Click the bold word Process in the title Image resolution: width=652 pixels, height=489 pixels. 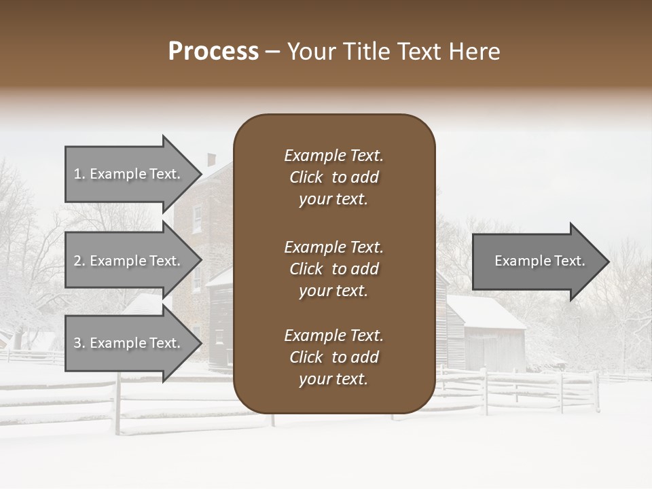(213, 52)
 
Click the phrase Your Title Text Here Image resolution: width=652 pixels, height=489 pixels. (393, 52)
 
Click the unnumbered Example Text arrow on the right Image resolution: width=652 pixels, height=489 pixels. (537, 261)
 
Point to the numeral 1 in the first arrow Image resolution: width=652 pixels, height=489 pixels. (77, 174)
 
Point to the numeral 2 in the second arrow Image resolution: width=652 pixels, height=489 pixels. (77, 261)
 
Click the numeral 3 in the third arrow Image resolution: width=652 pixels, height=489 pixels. (77, 343)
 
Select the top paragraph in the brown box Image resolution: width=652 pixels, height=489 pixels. (333, 177)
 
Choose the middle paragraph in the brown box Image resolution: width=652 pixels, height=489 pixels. (333, 268)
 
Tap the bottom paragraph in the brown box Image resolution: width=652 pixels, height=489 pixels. (333, 357)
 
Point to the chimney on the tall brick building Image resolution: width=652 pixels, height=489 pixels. (211, 160)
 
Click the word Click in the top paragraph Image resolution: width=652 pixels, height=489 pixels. (306, 177)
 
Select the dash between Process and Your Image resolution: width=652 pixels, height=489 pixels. (273, 52)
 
